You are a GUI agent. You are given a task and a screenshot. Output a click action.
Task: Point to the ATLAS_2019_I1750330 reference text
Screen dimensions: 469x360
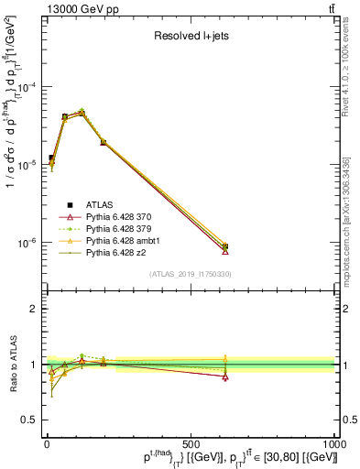190,274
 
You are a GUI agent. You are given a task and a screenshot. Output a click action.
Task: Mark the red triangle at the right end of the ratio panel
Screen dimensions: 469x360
225,376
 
